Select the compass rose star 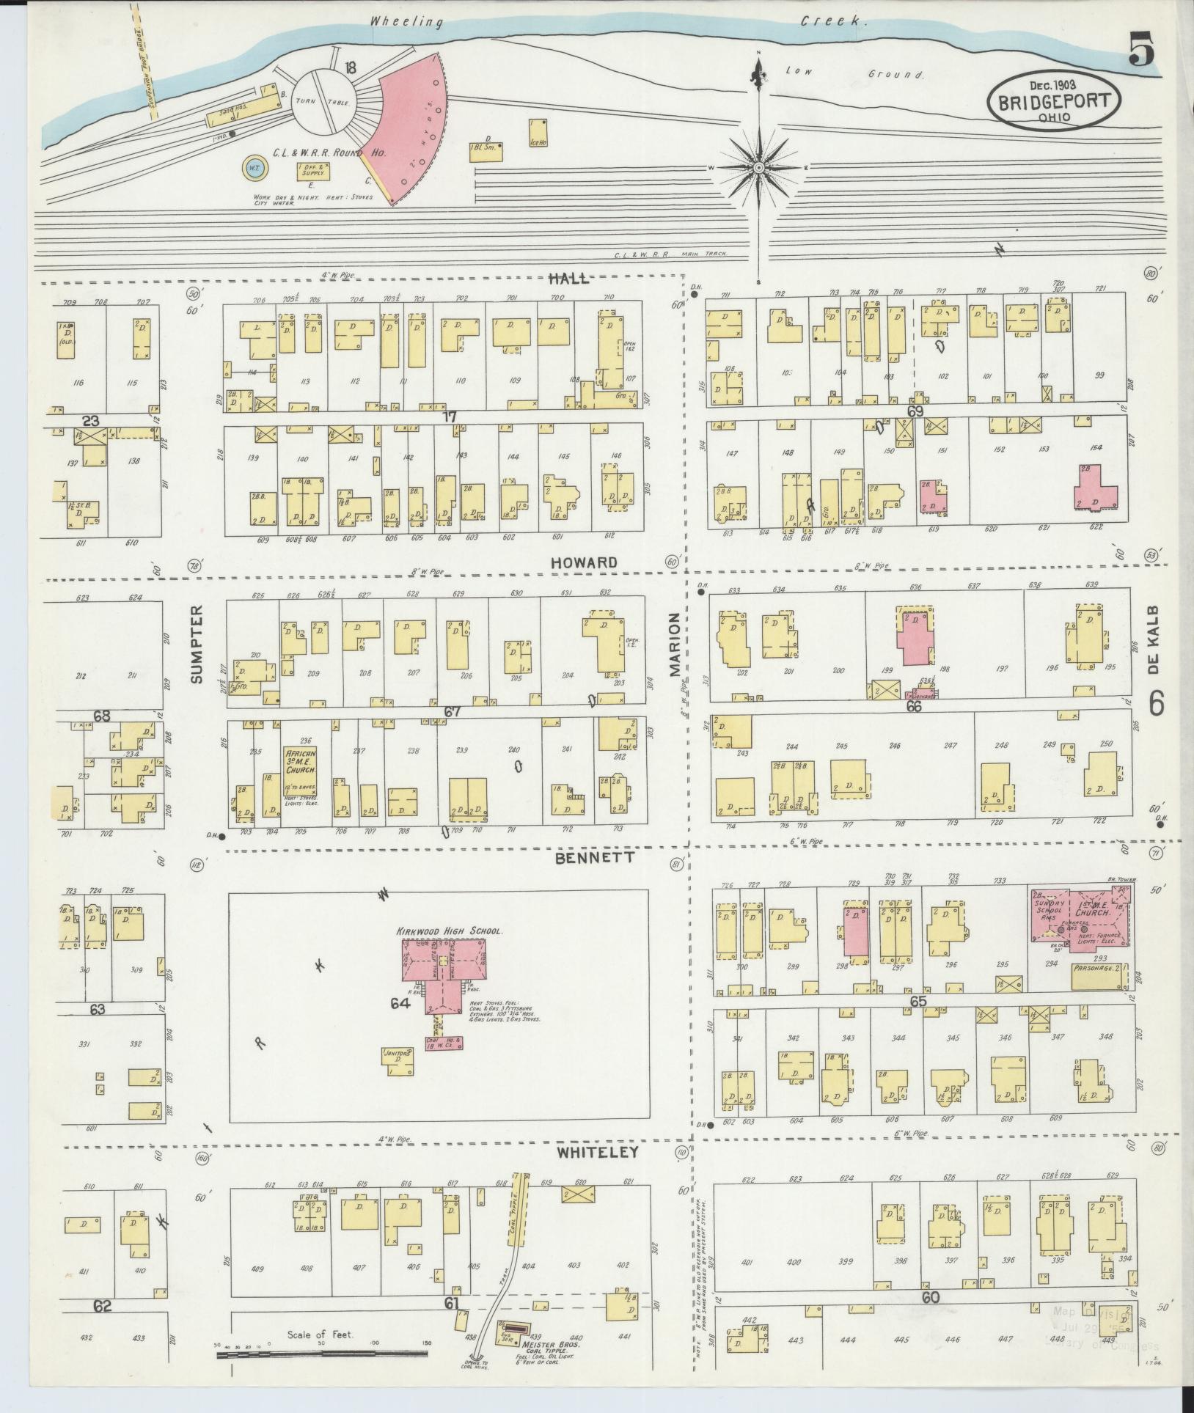[758, 169]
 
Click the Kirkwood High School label [449, 931]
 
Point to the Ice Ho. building [539, 135]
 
